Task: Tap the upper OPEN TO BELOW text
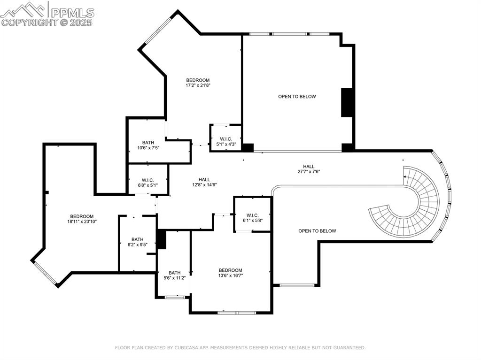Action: (x=297, y=97)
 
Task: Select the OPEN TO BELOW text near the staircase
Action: (x=317, y=231)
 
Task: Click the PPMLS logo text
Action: (x=72, y=12)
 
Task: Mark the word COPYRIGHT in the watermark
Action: (x=29, y=22)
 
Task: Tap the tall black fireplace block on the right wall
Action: (x=347, y=102)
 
